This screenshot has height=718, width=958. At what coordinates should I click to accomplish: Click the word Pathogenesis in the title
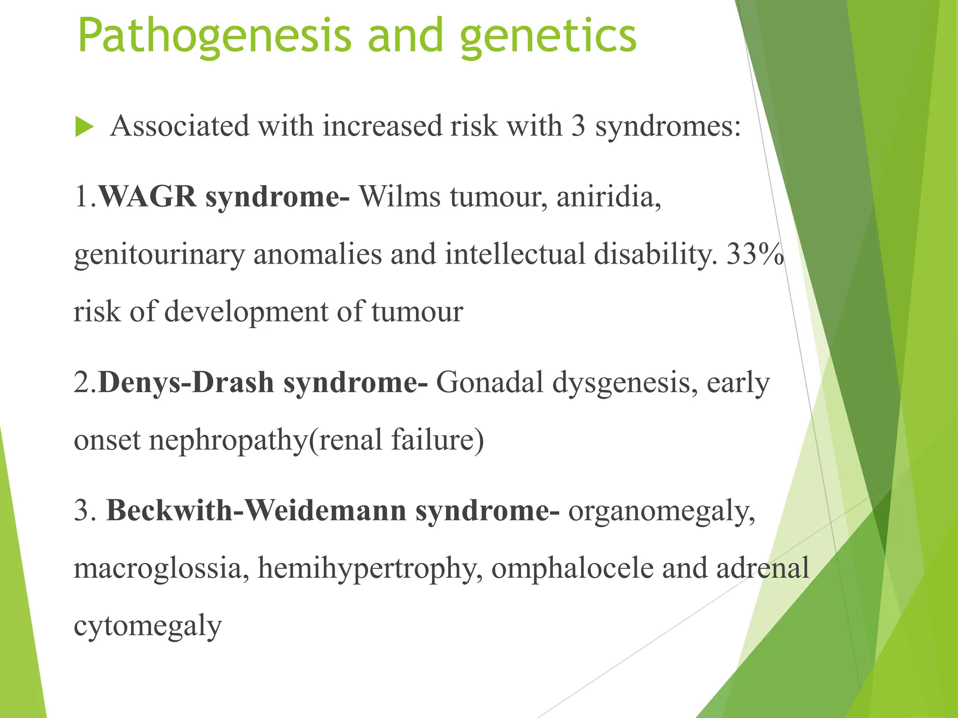(x=214, y=36)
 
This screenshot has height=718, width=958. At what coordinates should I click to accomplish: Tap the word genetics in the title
(x=548, y=36)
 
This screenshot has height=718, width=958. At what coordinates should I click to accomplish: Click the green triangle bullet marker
(x=84, y=127)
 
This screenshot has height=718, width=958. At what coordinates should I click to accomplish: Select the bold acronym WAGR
(x=148, y=196)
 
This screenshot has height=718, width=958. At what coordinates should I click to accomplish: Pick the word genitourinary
(x=159, y=255)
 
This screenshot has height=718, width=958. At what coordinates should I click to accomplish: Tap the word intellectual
(x=515, y=254)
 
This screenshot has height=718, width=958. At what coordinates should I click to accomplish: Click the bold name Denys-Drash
(x=186, y=382)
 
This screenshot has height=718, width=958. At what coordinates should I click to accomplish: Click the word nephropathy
(x=227, y=440)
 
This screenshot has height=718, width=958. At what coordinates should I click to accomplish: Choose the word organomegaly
(x=661, y=511)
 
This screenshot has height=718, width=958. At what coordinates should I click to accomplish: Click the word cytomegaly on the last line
(x=147, y=626)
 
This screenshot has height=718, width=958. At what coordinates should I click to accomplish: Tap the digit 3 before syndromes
(x=578, y=126)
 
